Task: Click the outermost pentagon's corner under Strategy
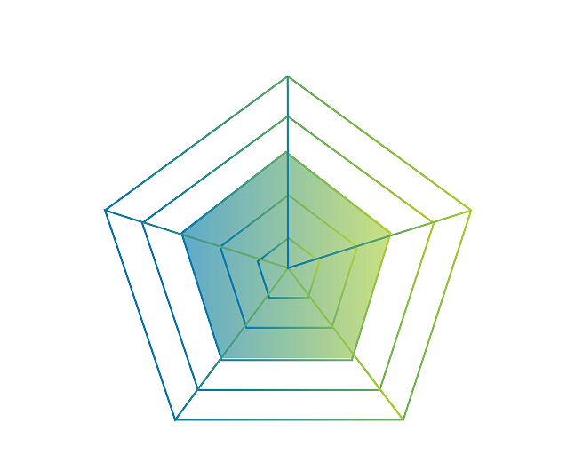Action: coord(287,77)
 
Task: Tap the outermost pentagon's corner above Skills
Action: coord(404,419)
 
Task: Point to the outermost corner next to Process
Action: coord(106,211)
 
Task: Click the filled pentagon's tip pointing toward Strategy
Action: coord(287,150)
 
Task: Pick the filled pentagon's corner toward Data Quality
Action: coord(392,235)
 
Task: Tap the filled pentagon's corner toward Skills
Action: coord(355,359)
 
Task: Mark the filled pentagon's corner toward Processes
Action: coord(220,359)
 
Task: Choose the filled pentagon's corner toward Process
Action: coord(182,235)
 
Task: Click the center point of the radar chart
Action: coord(287,267)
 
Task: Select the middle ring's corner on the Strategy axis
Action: coord(287,116)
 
